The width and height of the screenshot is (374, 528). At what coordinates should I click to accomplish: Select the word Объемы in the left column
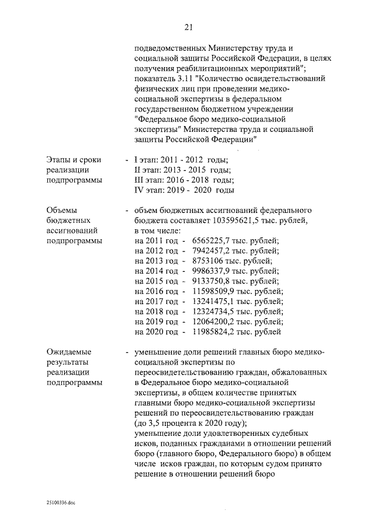[61, 210]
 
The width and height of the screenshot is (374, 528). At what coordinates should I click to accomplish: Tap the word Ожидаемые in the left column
[67, 352]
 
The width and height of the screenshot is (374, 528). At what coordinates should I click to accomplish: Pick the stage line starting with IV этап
[184, 190]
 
